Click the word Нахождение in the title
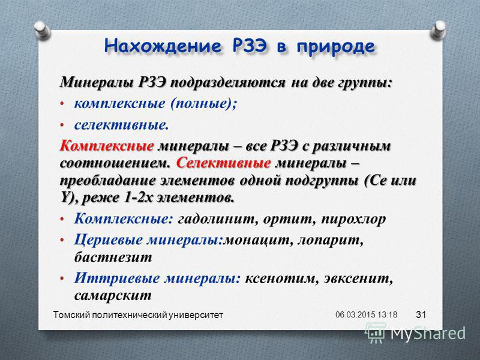(x=162, y=47)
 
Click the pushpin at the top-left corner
(x=42, y=29)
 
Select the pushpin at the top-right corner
(x=438, y=29)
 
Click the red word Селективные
(x=223, y=163)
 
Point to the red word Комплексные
(x=107, y=146)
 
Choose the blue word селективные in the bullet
(x=121, y=125)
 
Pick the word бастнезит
(x=113, y=257)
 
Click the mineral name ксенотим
(x=280, y=278)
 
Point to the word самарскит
(x=113, y=295)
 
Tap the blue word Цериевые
(x=108, y=241)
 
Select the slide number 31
(x=421, y=314)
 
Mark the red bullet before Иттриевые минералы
(x=62, y=279)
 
